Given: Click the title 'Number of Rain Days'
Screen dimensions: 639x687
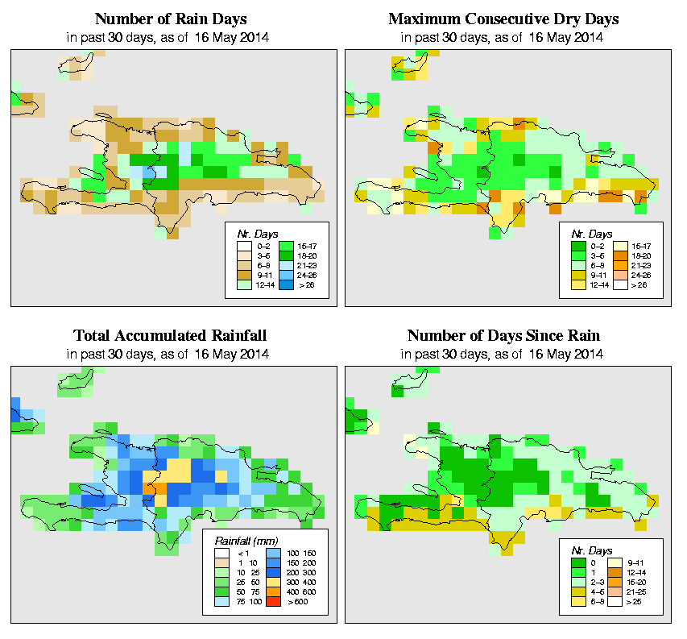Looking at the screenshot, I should pyautogui.click(x=171, y=19).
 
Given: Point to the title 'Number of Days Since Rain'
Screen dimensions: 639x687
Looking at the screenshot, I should pyautogui.click(x=503, y=336).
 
